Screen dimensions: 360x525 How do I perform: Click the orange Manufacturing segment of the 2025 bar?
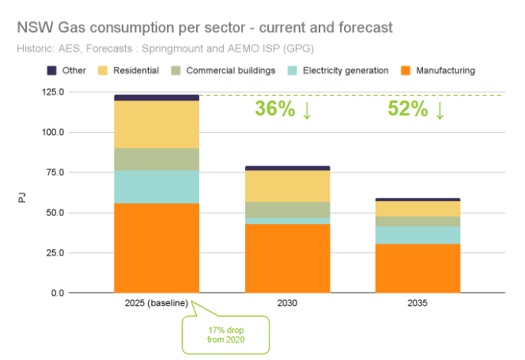156,248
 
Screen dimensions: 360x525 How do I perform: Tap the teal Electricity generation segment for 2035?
417,235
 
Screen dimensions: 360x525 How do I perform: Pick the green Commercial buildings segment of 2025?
156,160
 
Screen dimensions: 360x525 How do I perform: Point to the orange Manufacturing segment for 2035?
417,268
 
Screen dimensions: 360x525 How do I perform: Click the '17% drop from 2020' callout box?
225,335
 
